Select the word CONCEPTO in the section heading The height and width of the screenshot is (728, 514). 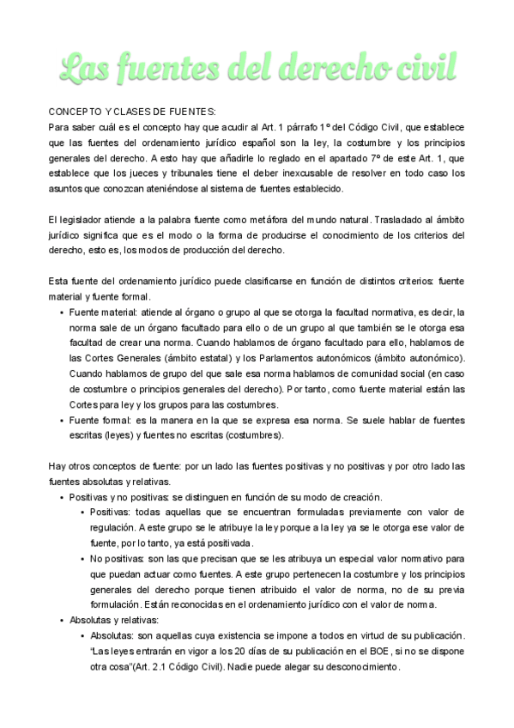pyautogui.click(x=75, y=112)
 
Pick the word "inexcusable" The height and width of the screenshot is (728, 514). pyautogui.click(x=316, y=173)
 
